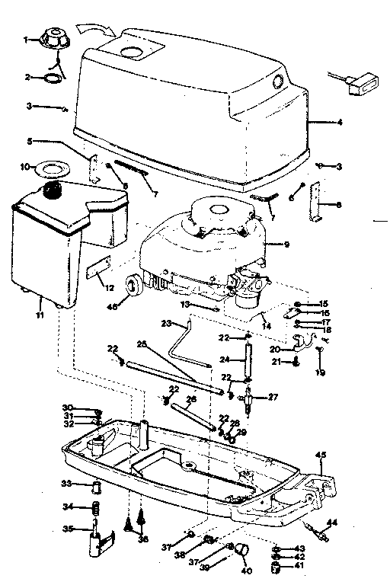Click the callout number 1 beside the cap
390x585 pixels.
coord(26,38)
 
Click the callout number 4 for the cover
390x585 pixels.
coord(340,122)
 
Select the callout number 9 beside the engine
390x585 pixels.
coord(287,245)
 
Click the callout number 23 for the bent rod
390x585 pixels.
coord(168,323)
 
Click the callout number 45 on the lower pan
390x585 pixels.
coord(321,456)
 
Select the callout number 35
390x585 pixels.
coord(67,529)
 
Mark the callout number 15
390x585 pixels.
coord(323,303)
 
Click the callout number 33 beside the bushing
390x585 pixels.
coord(67,484)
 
